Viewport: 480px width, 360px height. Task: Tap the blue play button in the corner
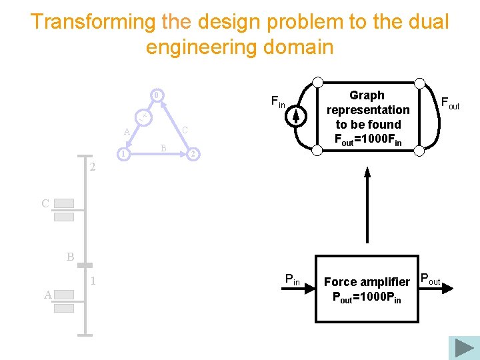(464, 347)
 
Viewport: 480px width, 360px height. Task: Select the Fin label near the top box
(277, 102)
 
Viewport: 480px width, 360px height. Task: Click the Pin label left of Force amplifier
(292, 279)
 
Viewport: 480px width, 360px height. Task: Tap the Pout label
(430, 279)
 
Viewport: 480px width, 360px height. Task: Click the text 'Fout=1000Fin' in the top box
(367, 139)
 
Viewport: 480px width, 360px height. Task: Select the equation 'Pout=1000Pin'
(366, 297)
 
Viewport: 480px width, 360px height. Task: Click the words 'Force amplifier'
(366, 282)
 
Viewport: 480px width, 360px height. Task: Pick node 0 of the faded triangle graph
(155, 95)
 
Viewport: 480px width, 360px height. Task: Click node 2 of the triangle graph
(192, 155)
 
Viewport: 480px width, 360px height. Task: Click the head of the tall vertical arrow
(367, 173)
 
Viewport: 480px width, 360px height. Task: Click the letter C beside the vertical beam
(45, 204)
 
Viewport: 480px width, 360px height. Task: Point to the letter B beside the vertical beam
(70, 257)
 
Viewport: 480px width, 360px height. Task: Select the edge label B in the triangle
(164, 148)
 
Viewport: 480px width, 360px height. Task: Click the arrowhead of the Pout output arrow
(449, 287)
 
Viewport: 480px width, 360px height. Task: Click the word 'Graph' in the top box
(367, 95)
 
